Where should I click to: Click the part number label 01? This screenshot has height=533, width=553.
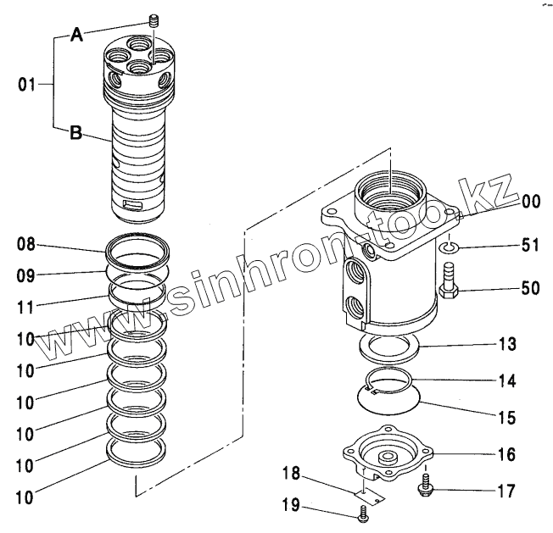27,84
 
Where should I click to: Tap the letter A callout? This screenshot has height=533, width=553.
76,35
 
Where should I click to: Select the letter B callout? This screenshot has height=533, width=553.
76,133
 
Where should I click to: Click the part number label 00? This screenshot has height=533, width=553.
531,201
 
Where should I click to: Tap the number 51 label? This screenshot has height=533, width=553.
531,247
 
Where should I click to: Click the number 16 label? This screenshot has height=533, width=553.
506,453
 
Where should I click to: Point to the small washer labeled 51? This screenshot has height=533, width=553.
450,247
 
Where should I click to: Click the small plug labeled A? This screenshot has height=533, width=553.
154,22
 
